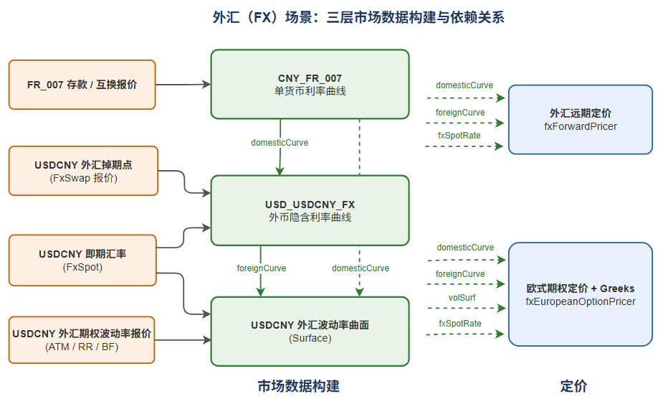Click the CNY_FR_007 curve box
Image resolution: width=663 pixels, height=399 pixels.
point(310,84)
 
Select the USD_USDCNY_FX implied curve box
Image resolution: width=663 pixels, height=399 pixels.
point(310,210)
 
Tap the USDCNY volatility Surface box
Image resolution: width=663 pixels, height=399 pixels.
point(310,332)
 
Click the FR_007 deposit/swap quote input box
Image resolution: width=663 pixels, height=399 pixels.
point(82,85)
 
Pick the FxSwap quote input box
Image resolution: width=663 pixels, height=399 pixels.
point(83,171)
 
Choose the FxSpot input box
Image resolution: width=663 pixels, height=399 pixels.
point(82,260)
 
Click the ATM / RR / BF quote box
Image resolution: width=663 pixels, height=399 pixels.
point(82,339)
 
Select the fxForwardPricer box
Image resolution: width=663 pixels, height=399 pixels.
point(581,119)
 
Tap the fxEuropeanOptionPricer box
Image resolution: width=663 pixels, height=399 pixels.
point(581,294)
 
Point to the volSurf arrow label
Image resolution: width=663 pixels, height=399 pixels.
point(462,298)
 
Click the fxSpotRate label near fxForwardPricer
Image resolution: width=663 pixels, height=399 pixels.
point(459,136)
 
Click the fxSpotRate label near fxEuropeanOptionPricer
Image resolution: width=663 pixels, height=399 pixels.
point(460,324)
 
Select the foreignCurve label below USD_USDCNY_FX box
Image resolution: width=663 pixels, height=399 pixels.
point(262,268)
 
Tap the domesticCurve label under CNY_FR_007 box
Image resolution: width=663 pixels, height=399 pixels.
point(280,143)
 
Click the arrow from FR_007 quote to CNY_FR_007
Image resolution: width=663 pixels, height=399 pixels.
point(183,85)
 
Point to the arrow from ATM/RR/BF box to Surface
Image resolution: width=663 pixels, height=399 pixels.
point(183,339)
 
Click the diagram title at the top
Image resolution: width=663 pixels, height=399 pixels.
point(358,17)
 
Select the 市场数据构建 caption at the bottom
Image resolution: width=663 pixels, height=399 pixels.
point(298,386)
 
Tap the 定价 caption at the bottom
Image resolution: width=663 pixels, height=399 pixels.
point(574,386)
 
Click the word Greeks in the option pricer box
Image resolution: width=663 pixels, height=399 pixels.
point(617,288)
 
